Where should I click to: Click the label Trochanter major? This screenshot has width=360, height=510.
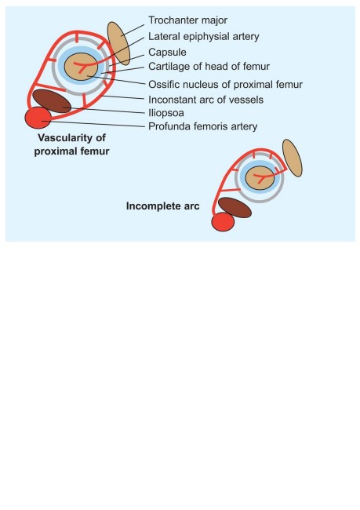(187, 20)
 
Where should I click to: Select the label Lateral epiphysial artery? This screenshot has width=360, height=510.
(204, 36)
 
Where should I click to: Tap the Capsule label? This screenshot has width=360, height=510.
(167, 53)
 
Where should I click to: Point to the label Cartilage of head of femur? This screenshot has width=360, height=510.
(209, 67)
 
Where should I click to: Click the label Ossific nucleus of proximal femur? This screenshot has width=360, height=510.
(225, 85)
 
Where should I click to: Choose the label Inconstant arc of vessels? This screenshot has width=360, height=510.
(205, 100)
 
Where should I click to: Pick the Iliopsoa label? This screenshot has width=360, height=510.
(166, 113)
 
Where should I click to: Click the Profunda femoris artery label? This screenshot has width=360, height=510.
(203, 126)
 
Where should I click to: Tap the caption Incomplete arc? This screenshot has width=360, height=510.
(162, 206)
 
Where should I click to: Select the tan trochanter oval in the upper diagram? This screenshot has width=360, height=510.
(118, 43)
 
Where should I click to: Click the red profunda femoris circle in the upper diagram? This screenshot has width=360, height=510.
(38, 118)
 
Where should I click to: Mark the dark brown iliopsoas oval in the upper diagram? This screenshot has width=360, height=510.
(52, 101)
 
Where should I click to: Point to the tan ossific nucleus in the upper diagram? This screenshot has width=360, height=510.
(81, 67)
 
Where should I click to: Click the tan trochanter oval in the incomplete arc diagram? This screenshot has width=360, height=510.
(293, 158)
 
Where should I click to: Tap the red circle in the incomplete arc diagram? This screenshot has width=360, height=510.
(223, 222)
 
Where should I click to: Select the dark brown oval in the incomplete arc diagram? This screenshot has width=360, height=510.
(235, 207)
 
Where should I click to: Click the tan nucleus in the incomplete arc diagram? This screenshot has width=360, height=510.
(260, 178)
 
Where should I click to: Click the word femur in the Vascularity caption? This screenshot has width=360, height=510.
(95, 151)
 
